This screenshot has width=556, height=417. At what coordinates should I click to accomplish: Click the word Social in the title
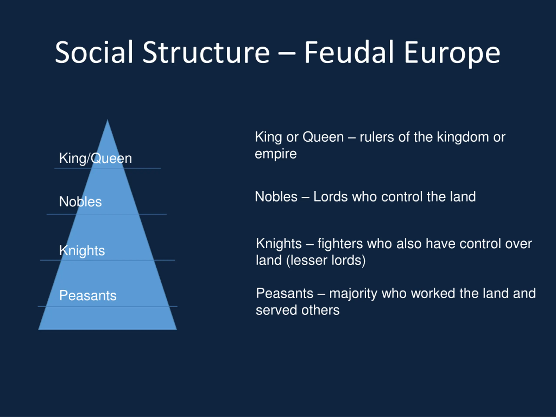[x=94, y=52]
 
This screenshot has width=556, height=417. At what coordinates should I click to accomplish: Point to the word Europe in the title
[x=452, y=54]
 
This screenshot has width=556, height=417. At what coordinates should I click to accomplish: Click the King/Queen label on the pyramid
[x=96, y=159]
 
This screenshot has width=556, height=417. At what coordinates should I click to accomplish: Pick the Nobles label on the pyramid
[x=80, y=202]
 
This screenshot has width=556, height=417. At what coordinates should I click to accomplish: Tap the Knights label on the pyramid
[x=82, y=251]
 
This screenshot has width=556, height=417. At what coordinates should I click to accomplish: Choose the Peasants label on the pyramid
[x=88, y=295]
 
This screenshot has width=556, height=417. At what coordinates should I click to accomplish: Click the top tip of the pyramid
[x=108, y=119]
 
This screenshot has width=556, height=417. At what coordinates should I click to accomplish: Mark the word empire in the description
[x=276, y=154]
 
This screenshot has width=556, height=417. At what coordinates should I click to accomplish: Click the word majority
[x=353, y=294]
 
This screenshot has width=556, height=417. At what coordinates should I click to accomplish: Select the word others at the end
[x=321, y=310]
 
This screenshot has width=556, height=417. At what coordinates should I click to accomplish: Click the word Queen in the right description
[x=323, y=137]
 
